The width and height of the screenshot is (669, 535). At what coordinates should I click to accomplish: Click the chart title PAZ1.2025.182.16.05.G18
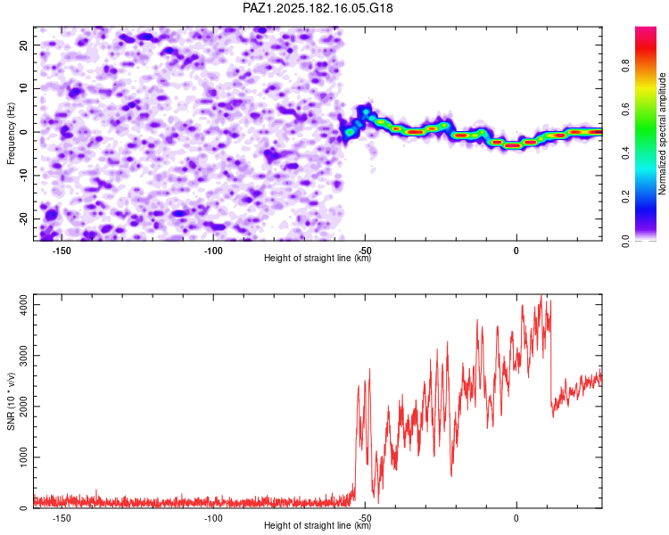[x=318, y=8]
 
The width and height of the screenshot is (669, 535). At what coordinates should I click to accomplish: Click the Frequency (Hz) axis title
[x=11, y=134]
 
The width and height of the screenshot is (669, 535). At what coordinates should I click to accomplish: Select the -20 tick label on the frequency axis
[x=23, y=219]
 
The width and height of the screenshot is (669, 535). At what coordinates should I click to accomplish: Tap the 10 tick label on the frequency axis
[x=23, y=88]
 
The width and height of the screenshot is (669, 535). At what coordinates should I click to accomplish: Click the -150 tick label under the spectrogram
[x=62, y=251]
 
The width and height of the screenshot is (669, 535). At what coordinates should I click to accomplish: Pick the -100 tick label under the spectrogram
[x=213, y=251]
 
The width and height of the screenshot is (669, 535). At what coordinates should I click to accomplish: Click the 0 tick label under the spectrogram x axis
[x=516, y=251]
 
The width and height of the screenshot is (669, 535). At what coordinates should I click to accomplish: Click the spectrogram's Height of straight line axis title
[x=318, y=258]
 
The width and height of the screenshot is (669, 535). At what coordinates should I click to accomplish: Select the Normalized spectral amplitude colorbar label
[x=662, y=134]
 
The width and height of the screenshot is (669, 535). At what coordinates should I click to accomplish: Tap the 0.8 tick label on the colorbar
[x=625, y=66]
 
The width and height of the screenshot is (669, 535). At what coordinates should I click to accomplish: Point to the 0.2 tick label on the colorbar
[x=625, y=197]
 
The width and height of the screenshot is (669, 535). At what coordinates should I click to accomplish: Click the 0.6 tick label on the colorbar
[x=625, y=109]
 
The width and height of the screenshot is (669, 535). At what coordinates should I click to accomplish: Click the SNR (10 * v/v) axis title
[x=11, y=401]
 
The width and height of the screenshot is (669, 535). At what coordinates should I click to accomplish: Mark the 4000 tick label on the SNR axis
[x=23, y=305]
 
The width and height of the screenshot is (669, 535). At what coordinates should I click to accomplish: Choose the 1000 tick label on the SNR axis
[x=23, y=457]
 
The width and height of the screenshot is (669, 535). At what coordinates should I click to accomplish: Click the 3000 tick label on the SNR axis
[x=23, y=356]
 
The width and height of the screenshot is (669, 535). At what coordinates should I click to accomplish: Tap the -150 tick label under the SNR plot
[x=62, y=518]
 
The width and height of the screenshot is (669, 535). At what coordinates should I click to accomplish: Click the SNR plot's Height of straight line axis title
[x=318, y=525]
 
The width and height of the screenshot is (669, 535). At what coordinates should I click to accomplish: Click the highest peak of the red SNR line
[x=541, y=295]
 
